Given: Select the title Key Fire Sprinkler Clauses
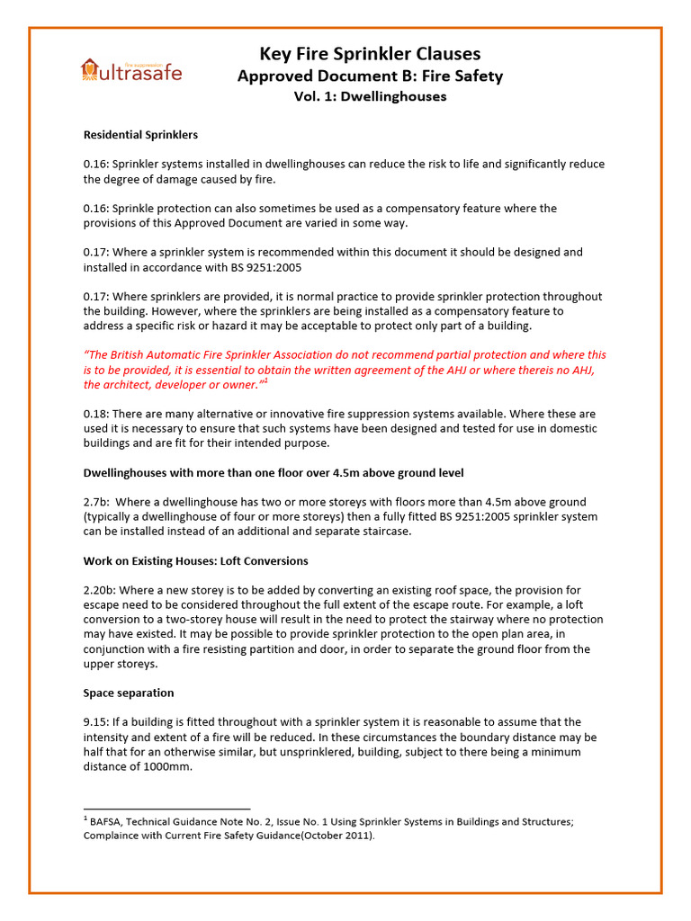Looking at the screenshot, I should tap(370, 53).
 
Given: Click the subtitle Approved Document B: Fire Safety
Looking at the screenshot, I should tap(370, 76).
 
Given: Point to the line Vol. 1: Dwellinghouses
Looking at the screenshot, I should tap(370, 96).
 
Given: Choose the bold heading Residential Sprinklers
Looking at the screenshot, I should tap(140, 135).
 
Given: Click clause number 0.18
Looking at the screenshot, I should tap(96, 414).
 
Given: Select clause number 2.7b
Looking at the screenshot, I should tap(96, 502).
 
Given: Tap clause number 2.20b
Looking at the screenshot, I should tap(100, 590).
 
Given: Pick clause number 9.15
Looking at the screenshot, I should tap(96, 722).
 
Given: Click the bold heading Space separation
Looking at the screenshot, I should tap(129, 693).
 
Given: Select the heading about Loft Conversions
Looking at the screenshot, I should tap(195, 560).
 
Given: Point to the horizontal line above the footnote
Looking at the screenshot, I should tap(166, 809).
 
